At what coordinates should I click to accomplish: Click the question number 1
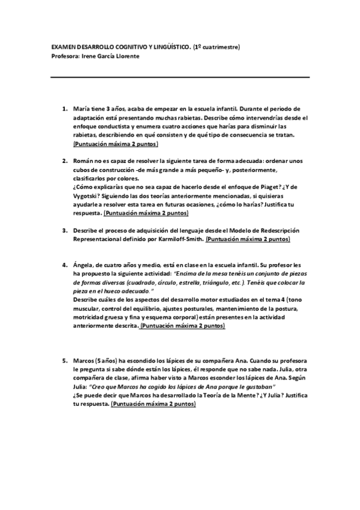64,109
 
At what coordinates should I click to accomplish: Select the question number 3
64,230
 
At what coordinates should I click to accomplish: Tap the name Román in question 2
81,161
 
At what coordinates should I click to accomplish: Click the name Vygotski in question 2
87,196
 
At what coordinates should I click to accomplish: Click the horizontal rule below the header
180,77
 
